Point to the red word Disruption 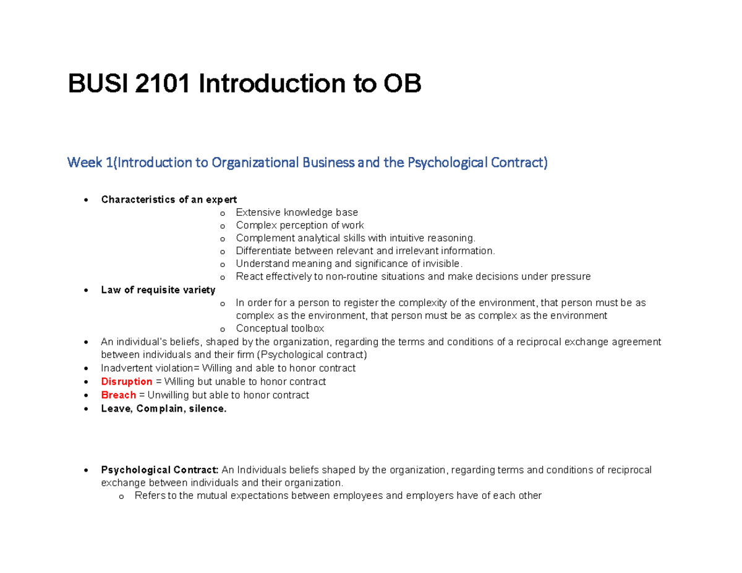(127, 381)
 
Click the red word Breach (118, 394)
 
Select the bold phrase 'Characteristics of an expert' (169, 199)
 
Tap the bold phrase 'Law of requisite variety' (158, 290)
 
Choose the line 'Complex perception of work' (300, 225)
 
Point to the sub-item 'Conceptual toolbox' (279, 329)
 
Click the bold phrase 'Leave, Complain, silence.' (164, 408)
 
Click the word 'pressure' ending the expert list (572, 277)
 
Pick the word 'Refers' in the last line (148, 496)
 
